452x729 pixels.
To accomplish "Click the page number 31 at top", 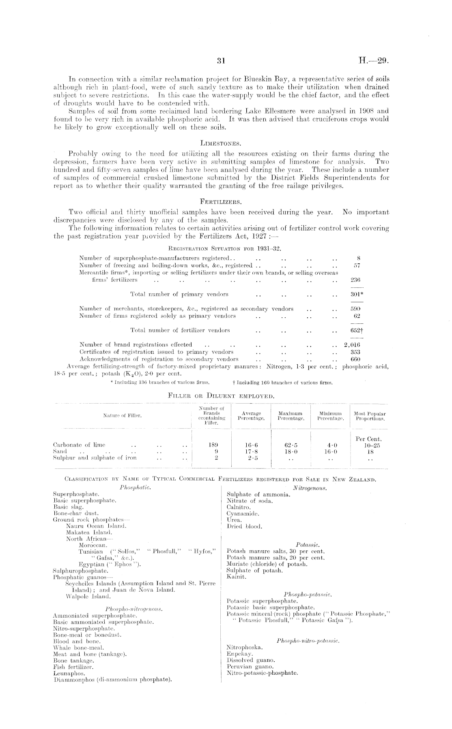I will pos(221,61).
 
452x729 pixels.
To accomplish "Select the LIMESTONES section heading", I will pos(221,143).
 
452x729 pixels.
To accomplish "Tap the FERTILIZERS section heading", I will pos(221,201).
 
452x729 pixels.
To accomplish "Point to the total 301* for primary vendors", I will pos(356,294).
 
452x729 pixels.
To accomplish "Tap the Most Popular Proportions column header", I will pos(370,416).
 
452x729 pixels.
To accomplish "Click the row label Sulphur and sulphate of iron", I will pos(95,457).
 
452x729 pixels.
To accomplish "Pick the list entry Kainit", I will pos(235,576).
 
